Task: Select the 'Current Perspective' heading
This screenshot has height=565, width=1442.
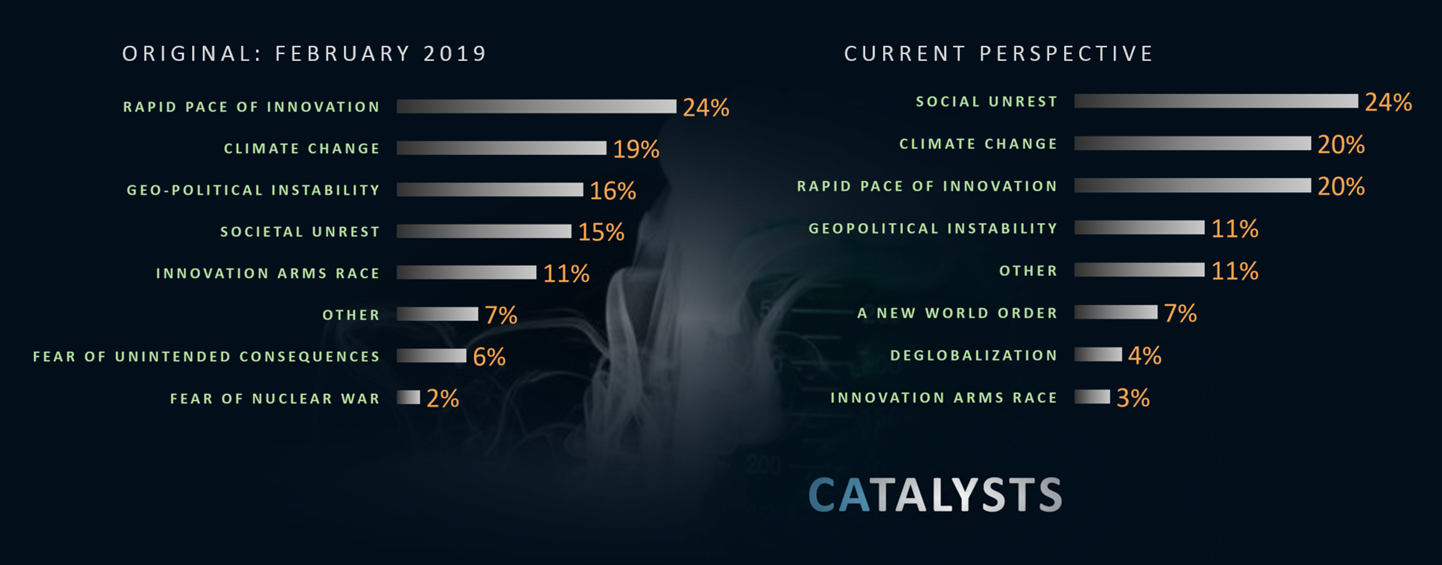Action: [999, 54]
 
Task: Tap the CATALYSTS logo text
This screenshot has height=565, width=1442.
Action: [935, 495]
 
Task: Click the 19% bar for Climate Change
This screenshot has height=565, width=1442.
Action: [501, 148]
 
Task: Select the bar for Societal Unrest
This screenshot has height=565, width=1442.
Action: [484, 231]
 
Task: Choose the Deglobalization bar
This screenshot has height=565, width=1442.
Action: [1098, 354]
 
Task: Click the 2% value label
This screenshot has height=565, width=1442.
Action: [443, 399]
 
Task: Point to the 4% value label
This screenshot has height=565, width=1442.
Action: [1145, 356]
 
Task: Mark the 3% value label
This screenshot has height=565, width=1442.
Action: [1133, 398]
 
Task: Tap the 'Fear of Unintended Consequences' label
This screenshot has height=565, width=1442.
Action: [206, 357]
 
